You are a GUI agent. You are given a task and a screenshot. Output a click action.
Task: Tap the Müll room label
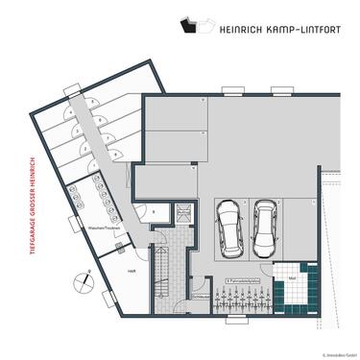coord(292,277)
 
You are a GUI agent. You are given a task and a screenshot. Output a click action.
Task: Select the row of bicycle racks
coord(236,299)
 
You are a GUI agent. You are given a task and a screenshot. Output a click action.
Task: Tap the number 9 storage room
coord(154,210)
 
